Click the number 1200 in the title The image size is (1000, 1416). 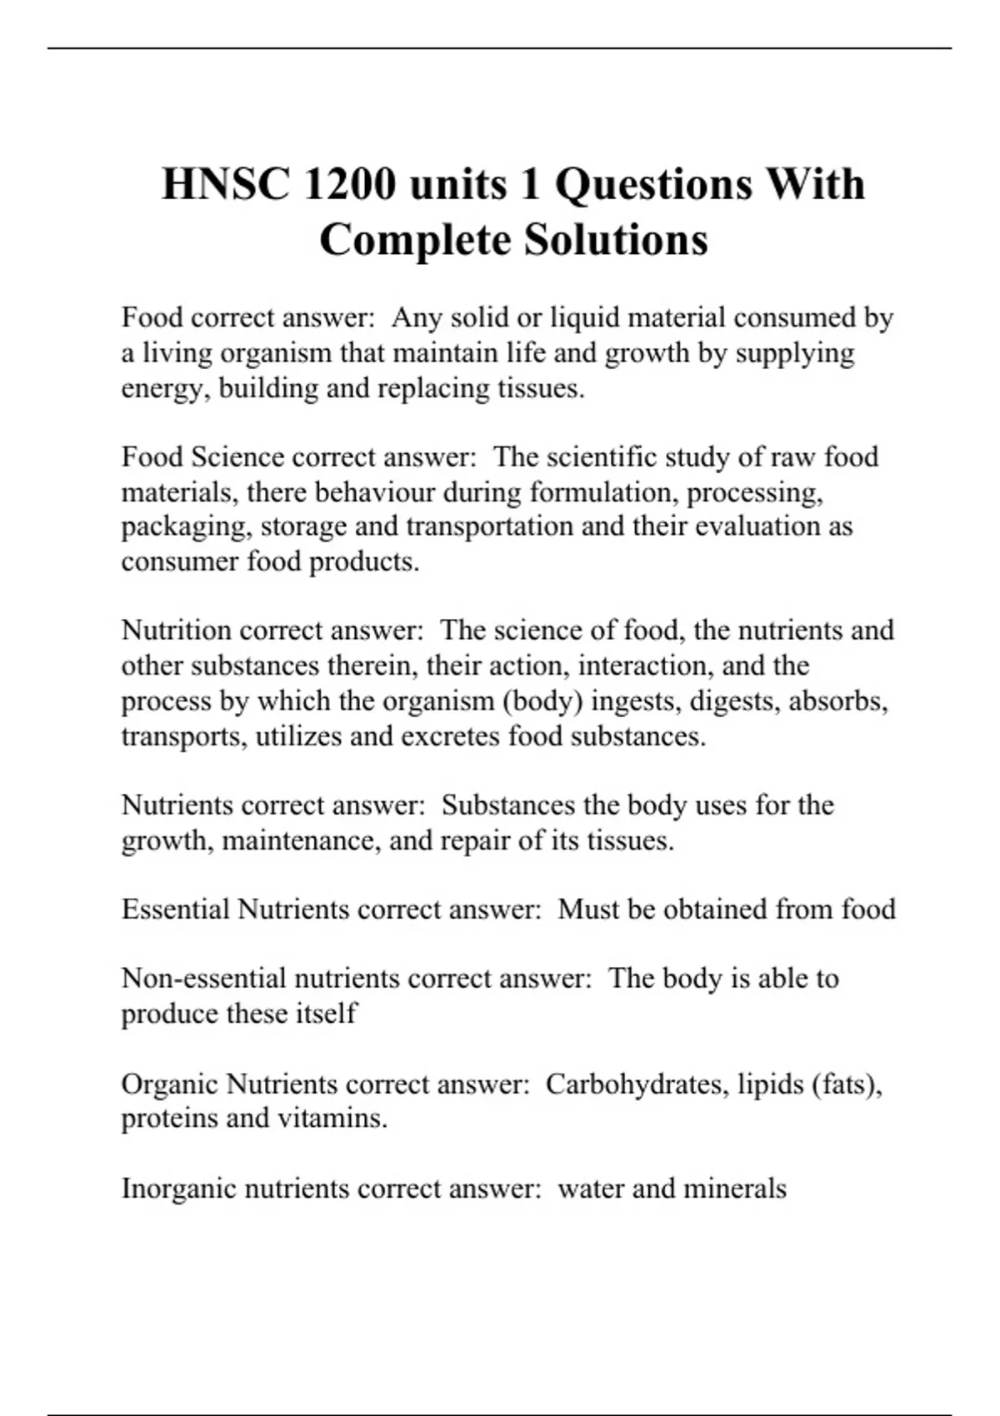349,184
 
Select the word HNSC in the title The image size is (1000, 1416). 226,184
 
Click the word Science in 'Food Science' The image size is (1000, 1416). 238,456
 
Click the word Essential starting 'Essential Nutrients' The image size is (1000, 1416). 175,909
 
